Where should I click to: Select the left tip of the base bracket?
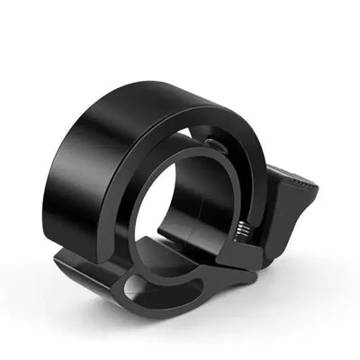pyautogui.click(x=60, y=262)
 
